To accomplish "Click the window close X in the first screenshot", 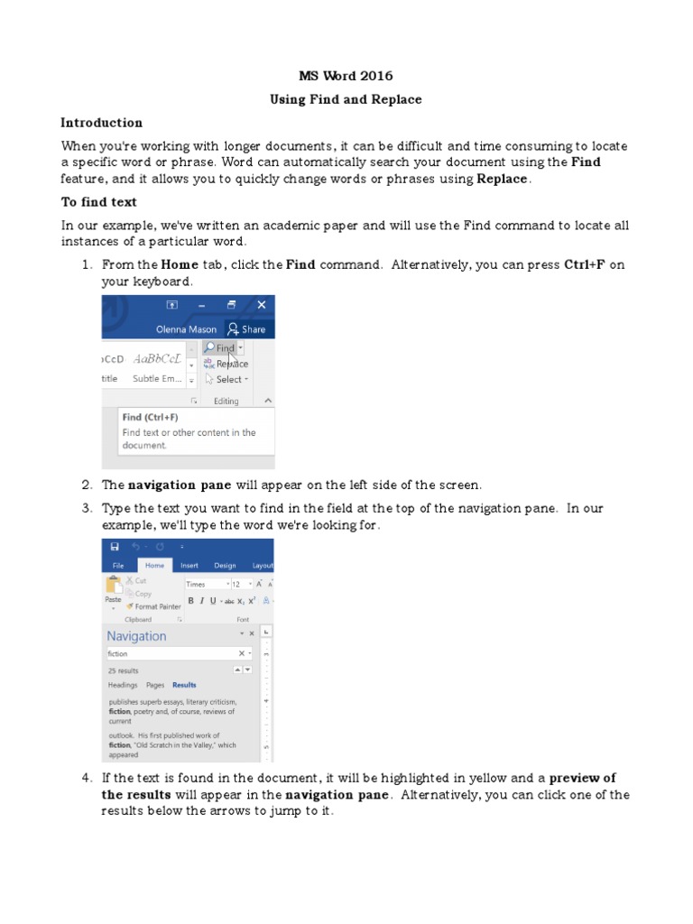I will click(x=262, y=305).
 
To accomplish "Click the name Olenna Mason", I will click(x=186, y=329).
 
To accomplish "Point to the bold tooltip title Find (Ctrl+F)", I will click(x=151, y=418).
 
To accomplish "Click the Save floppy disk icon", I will click(x=115, y=547).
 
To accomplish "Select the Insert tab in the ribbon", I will click(x=189, y=566).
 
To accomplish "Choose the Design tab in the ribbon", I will click(x=225, y=566).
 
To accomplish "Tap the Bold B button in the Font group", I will click(x=190, y=600).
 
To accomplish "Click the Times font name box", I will click(x=206, y=584).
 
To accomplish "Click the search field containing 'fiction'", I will click(x=171, y=653).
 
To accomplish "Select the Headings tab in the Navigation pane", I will click(x=123, y=685).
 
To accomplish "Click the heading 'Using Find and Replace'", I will click(x=346, y=99).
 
